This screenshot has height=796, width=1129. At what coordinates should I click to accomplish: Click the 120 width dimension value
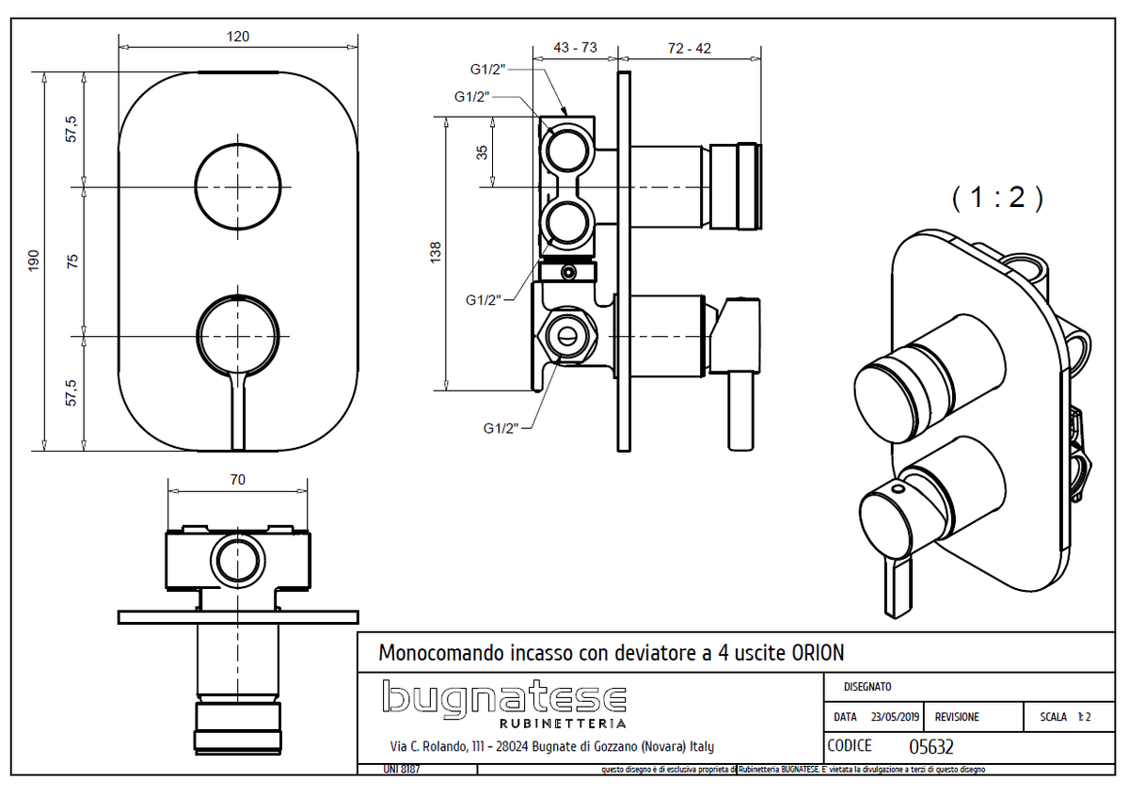coord(238,37)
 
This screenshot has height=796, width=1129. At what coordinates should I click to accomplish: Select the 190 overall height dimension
coord(33,260)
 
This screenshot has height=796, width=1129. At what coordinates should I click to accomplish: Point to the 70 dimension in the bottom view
coord(237,480)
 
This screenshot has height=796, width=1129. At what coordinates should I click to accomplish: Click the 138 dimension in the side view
coord(435,252)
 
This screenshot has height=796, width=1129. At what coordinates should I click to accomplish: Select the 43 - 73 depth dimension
coord(575,49)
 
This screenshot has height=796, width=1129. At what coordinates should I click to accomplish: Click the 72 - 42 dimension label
coord(690,49)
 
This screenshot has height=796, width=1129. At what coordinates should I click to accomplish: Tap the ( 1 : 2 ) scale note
coord(997,198)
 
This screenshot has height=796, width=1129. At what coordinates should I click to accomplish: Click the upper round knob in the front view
coord(238,186)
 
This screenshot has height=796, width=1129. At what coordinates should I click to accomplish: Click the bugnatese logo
coord(504,699)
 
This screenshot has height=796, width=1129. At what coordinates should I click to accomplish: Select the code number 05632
coord(931,747)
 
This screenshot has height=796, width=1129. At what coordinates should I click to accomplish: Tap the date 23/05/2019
coord(895,717)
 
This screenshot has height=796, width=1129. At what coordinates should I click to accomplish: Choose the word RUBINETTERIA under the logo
coord(562,724)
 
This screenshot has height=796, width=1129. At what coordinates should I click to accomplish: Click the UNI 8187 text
coord(377,770)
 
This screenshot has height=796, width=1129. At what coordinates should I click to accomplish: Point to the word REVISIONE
coord(957,717)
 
